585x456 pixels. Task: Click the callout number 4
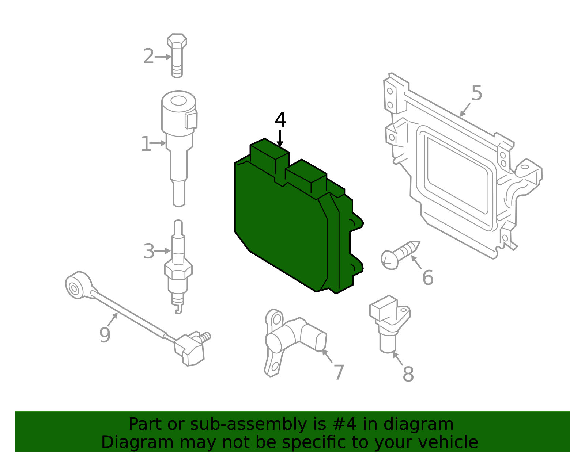pyautogui.click(x=280, y=120)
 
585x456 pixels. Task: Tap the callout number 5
pyautogui.click(x=476, y=93)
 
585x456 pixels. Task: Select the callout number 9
pyautogui.click(x=105, y=335)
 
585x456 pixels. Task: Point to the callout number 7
pyautogui.click(x=339, y=372)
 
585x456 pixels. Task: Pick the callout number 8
pyautogui.click(x=408, y=374)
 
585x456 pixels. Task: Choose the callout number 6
pyautogui.click(x=428, y=277)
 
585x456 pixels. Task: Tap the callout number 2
pyautogui.click(x=148, y=57)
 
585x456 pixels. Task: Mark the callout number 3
pyautogui.click(x=149, y=252)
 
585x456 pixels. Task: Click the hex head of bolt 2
pyautogui.click(x=177, y=41)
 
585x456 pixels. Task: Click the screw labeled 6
pyautogui.click(x=400, y=255)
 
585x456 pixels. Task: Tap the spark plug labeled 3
pyautogui.click(x=178, y=266)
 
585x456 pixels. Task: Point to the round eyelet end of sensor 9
pyautogui.click(x=78, y=286)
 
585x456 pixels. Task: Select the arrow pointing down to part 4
pyautogui.click(x=280, y=139)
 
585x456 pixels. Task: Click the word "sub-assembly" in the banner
pyautogui.click(x=248, y=424)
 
